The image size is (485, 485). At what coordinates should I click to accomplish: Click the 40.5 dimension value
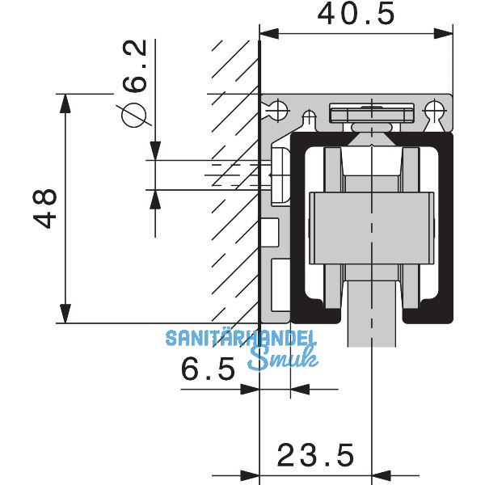[356, 14]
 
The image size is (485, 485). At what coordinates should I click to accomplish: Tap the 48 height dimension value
[45, 209]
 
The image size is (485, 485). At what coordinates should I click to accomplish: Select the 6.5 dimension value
[208, 369]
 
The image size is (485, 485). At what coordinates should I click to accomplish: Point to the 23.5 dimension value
[315, 455]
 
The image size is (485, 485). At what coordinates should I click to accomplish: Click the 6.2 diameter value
[134, 66]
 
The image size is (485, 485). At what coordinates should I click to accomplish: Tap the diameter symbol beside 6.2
[133, 115]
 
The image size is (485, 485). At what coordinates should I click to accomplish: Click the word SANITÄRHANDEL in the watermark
[241, 338]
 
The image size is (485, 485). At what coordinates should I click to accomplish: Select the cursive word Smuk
[283, 358]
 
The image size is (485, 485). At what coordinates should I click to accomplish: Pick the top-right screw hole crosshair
[434, 110]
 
